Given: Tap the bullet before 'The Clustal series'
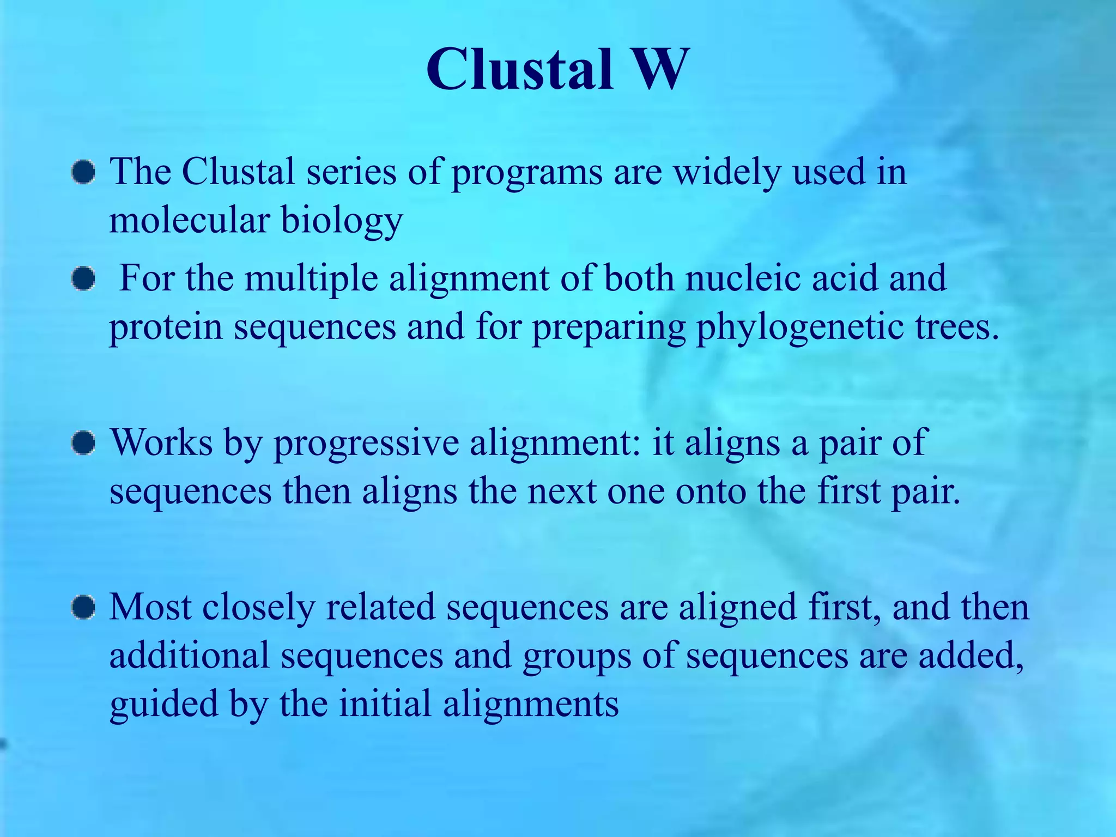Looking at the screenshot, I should click(83, 172).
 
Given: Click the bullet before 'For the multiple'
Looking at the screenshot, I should click(83, 279).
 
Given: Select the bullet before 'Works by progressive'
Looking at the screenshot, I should click(83, 443).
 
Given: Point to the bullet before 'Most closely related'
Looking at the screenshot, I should click(83, 607).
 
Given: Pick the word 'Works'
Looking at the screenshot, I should click(161, 442).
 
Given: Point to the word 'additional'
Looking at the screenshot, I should click(189, 655).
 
